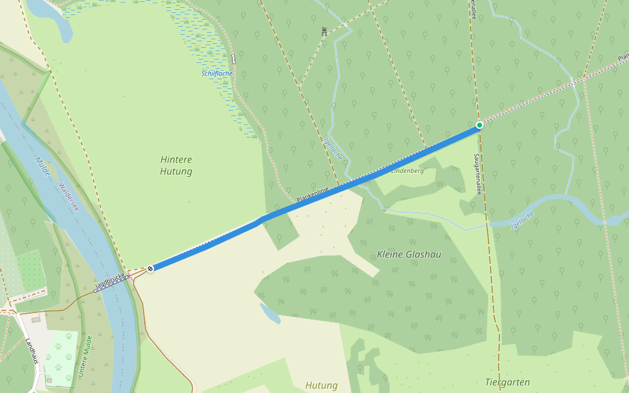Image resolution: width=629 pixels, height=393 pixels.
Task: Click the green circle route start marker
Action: pyautogui.click(x=480, y=125)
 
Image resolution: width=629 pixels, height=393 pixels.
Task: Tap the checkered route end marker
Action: pyautogui.click(x=151, y=269)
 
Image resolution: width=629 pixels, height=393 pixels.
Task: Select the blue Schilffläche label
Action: pyautogui.click(x=217, y=73)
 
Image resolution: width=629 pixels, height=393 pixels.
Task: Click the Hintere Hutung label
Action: pyautogui.click(x=176, y=165)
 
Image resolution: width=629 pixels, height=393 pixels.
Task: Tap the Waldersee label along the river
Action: pyautogui.click(x=69, y=196)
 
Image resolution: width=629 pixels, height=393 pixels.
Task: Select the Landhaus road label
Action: pyautogui.click(x=31, y=351)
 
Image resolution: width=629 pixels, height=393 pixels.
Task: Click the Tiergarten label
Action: pyautogui.click(x=507, y=382)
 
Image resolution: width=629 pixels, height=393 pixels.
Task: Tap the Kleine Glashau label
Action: pyautogui.click(x=408, y=254)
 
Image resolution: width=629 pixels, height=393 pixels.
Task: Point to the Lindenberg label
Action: pyautogui.click(x=408, y=171)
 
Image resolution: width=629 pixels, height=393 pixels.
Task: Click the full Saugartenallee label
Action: pyautogui.click(x=478, y=174)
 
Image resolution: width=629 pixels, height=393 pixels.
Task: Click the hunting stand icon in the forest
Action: pyautogui.click(x=324, y=30)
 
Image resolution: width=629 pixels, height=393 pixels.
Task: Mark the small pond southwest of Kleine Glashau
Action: pyautogui.click(x=270, y=313)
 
